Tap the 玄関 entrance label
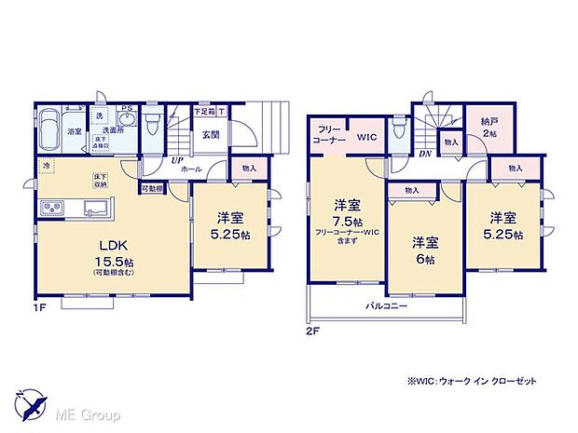[211, 134]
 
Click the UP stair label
[177, 160]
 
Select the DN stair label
[423, 154]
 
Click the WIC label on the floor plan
[366, 137]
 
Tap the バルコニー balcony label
[384, 305]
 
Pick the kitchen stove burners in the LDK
[50, 207]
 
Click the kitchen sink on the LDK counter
[96, 207]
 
